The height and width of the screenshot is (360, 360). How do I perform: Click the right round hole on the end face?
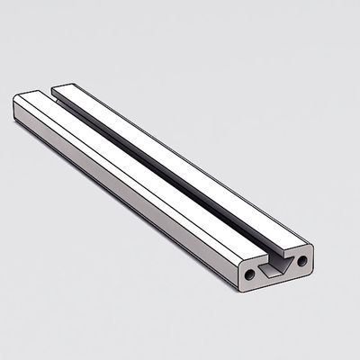[302, 261]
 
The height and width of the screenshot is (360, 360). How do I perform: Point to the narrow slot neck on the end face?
[270, 256]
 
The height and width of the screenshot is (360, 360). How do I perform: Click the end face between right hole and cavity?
[293, 264]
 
